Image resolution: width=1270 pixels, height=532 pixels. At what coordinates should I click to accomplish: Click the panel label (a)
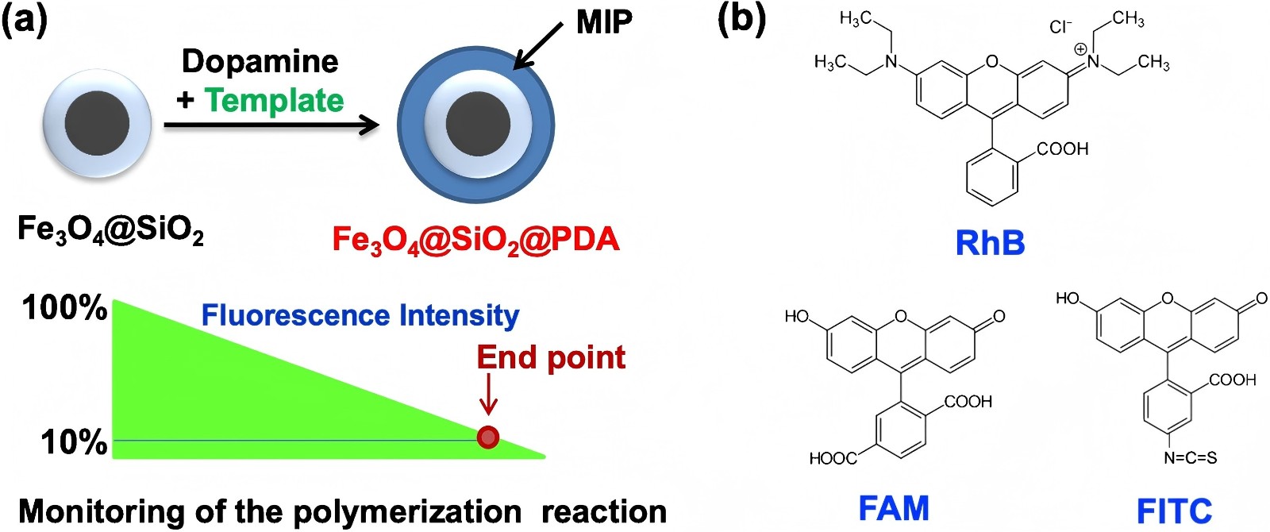click(25, 19)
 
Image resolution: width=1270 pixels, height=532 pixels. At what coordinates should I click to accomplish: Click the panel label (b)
click(741, 19)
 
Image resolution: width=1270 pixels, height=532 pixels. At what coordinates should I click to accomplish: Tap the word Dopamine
click(260, 62)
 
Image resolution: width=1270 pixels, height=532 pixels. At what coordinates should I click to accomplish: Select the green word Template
click(274, 101)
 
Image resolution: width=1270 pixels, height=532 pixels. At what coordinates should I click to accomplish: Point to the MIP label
click(604, 22)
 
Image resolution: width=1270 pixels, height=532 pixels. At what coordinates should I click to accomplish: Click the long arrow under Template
click(270, 125)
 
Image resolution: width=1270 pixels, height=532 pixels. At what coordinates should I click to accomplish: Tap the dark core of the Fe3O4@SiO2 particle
click(97, 124)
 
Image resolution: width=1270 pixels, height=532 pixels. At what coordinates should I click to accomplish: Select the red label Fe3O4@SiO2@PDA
click(475, 240)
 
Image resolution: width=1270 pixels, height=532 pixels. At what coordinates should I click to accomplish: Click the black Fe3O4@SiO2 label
click(110, 230)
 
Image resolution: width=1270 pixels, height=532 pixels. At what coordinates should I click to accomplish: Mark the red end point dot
click(488, 437)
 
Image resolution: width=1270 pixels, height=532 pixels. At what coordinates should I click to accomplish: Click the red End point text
click(551, 357)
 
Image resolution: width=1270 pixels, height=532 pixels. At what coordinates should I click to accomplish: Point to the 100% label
click(64, 308)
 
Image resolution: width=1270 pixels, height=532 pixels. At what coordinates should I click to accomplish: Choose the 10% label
click(74, 442)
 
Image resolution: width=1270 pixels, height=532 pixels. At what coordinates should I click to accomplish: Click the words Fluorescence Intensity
click(360, 315)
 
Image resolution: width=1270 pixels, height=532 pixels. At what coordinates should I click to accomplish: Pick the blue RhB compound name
click(990, 243)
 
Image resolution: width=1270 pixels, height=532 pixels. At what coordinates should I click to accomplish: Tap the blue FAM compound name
click(894, 508)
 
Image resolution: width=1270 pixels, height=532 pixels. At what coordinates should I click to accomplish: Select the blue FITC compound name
click(1174, 511)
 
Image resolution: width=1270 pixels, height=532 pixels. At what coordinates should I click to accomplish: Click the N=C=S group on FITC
click(1190, 458)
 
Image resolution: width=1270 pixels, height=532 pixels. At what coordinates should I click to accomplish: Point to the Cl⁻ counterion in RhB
click(1060, 27)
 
